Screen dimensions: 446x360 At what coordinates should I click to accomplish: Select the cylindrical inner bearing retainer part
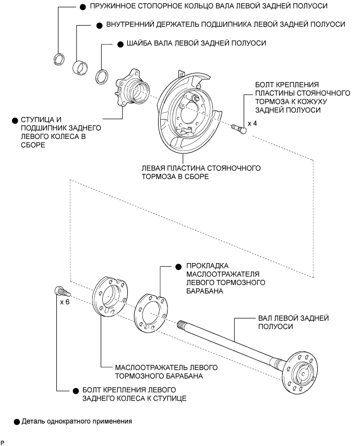tap(79, 67)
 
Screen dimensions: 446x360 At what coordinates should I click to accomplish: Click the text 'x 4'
tap(253, 124)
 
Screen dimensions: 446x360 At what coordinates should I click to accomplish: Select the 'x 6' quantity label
tap(65, 302)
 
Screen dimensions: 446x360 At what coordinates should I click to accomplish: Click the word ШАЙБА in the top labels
tap(135, 43)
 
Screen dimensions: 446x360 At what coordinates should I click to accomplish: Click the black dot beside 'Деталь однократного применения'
tap(17, 420)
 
